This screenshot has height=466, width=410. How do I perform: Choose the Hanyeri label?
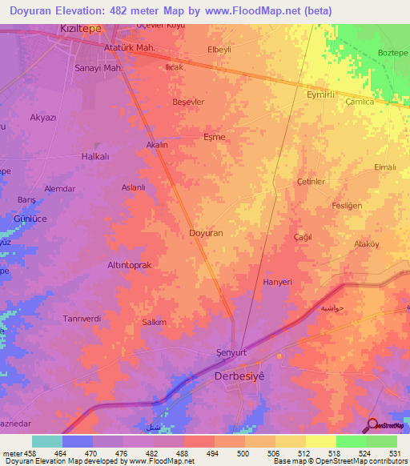(x=279, y=283)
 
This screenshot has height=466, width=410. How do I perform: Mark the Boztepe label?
(x=392, y=53)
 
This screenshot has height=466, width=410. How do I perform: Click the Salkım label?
(x=154, y=322)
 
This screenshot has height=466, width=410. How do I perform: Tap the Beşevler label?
(x=189, y=102)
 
